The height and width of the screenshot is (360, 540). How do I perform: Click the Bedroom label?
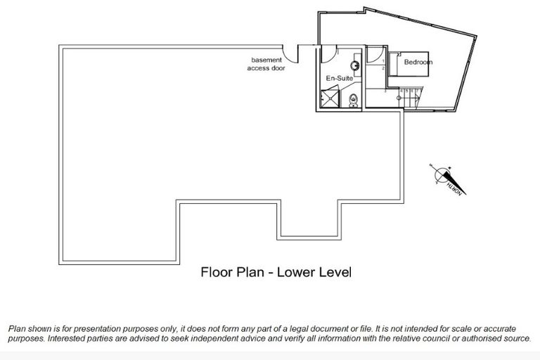[418, 63]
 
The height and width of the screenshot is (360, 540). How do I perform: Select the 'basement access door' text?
[266, 65]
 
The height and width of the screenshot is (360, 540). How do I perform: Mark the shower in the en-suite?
[329, 99]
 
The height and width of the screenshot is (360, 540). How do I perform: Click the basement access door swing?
[288, 51]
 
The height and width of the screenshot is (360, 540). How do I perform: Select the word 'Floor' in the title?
[217, 271]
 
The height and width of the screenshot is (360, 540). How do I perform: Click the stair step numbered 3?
[385, 91]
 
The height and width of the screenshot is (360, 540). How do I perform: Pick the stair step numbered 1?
[382, 63]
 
